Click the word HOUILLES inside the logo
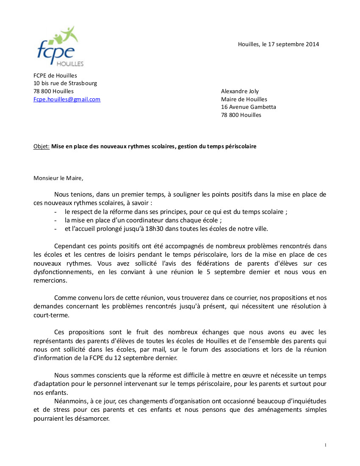(x=70, y=64)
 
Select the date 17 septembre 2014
(x=294, y=44)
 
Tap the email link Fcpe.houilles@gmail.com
(x=67, y=99)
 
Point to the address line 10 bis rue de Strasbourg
(x=65, y=83)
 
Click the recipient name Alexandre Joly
(x=240, y=91)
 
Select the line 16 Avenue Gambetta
(x=248, y=107)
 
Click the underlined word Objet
(x=41, y=147)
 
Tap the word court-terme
(x=49, y=315)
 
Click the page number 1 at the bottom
(x=325, y=445)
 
